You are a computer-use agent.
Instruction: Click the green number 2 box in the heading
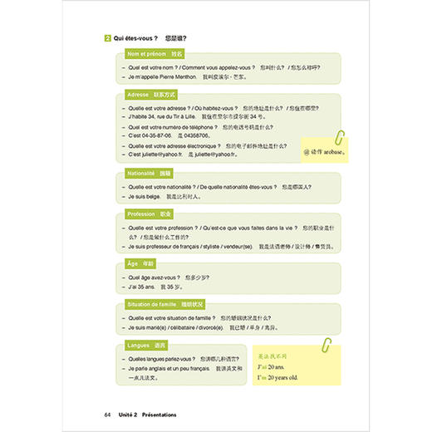pos(108,38)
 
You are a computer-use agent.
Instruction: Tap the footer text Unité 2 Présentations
pos(146,414)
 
